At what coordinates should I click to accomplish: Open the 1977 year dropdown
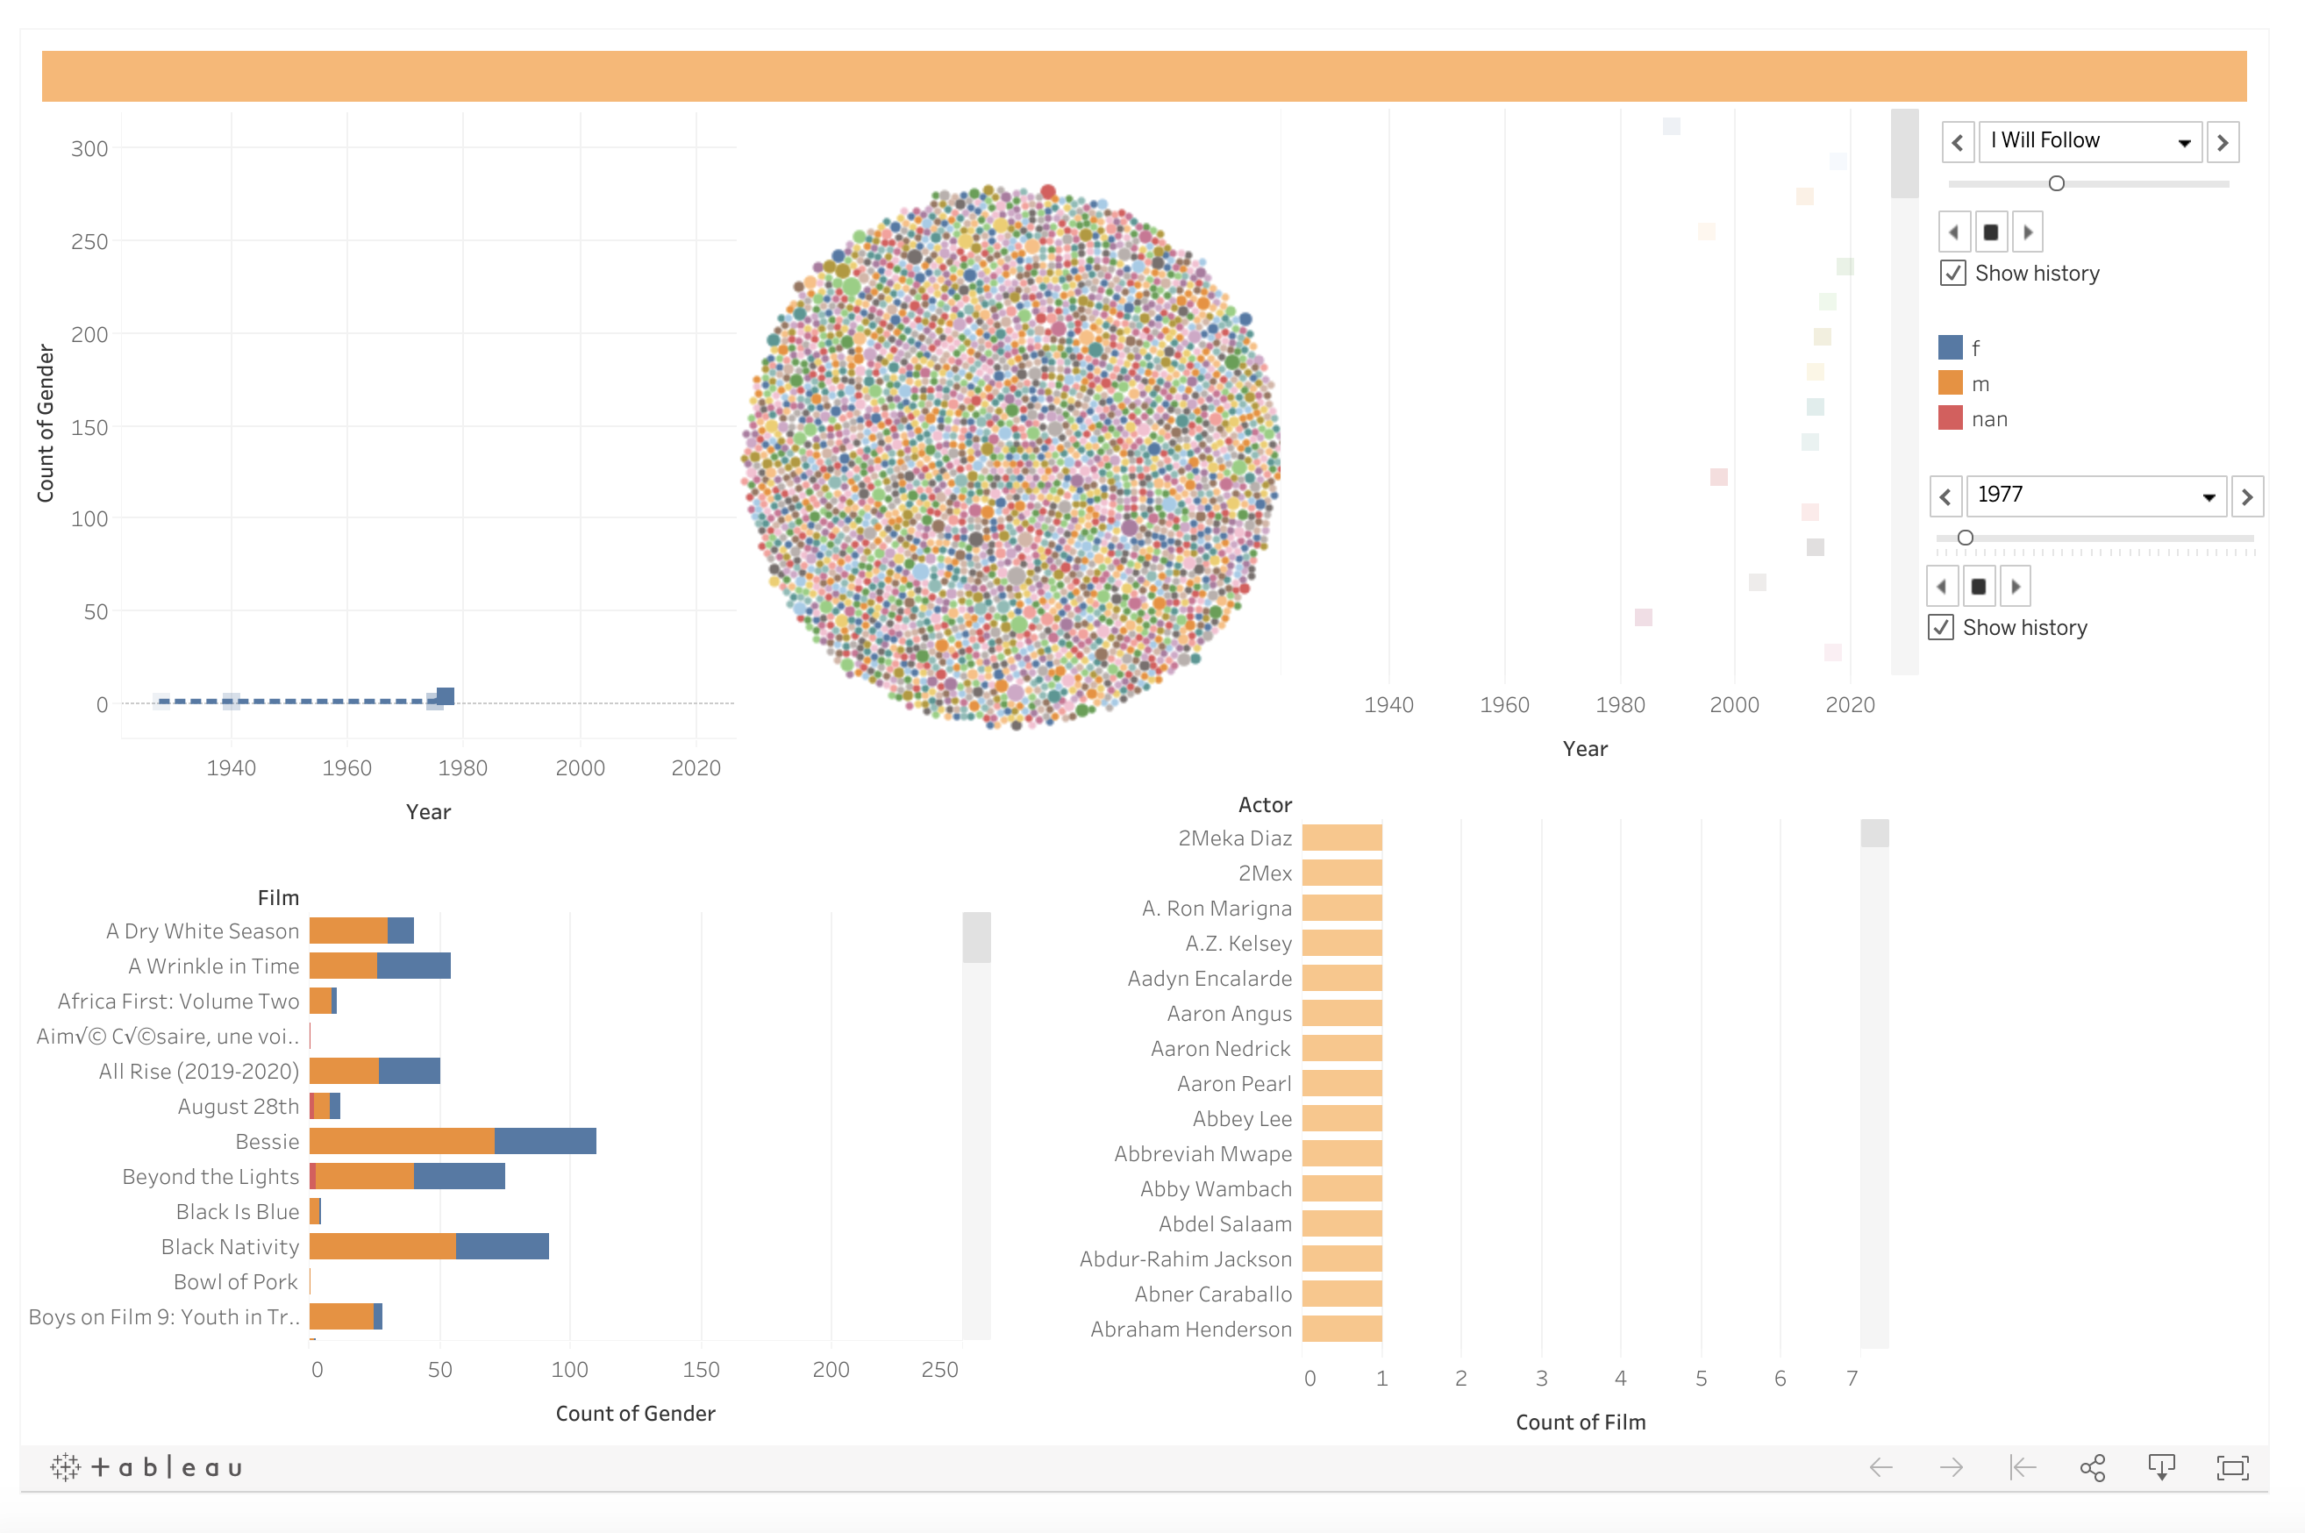pos(2209,496)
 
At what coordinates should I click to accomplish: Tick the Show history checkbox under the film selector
pos(1953,274)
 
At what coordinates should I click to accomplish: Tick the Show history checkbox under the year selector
pos(1941,628)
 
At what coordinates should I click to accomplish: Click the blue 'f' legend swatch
pos(1950,348)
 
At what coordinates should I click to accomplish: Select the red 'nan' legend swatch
pos(1950,418)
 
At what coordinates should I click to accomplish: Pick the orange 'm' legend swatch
pos(1950,383)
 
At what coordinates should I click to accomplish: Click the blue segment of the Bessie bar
pos(545,1141)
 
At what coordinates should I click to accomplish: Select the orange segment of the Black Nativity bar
pos(382,1246)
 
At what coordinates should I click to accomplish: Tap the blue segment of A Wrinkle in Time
pos(413,966)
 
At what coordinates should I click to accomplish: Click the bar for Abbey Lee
pos(1342,1118)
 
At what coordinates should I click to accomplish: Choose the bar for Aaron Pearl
pos(1342,1083)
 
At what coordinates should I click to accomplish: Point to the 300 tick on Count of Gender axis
pos(89,148)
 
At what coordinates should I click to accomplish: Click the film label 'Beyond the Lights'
pos(211,1176)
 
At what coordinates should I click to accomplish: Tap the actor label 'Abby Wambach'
pos(1215,1189)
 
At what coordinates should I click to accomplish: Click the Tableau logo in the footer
pos(146,1466)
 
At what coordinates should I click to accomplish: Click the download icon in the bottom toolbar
pos(2161,1466)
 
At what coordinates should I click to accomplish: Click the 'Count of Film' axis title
pos(1581,1422)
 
